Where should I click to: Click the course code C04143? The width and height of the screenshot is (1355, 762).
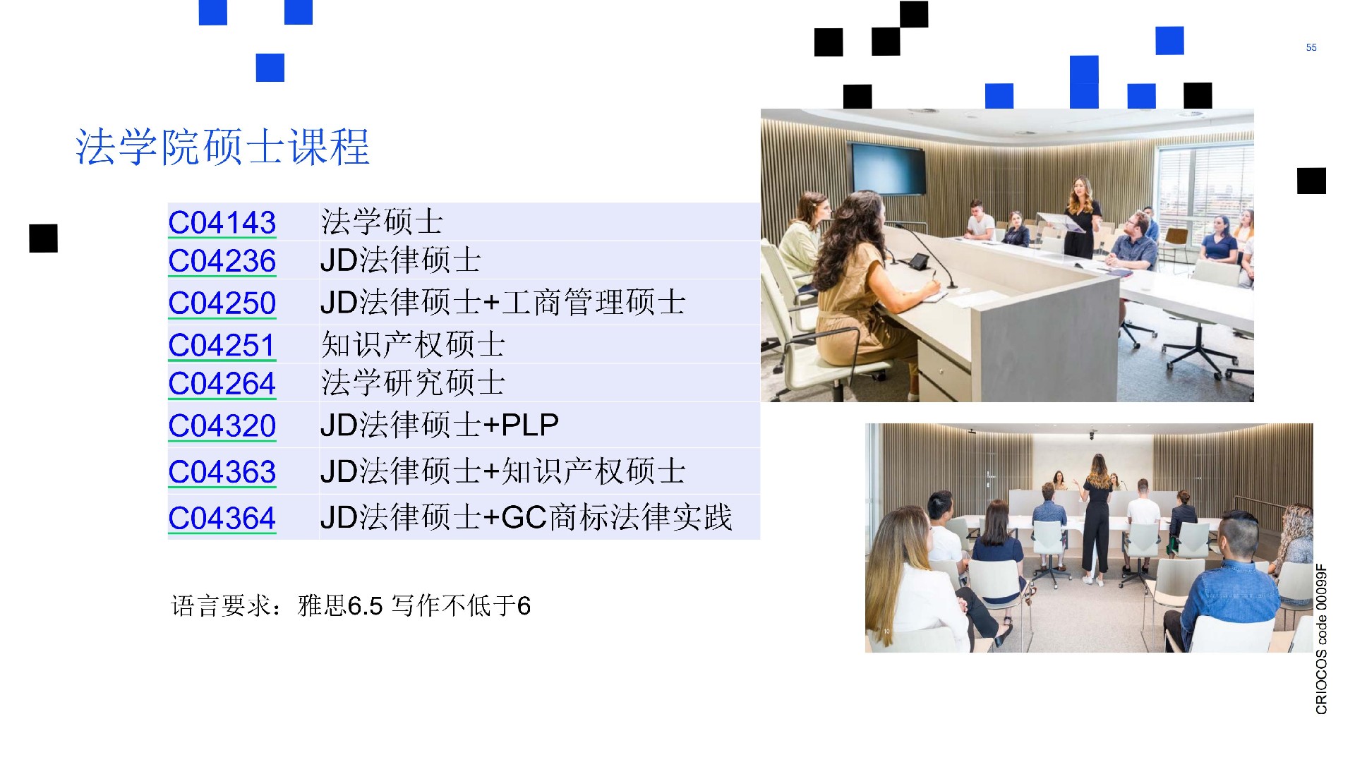click(222, 223)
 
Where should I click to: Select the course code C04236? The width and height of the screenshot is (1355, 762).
click(222, 261)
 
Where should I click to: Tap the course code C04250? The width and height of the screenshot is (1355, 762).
click(222, 303)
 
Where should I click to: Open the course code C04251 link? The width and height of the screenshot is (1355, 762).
click(221, 346)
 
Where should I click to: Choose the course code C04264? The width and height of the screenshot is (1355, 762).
click(222, 384)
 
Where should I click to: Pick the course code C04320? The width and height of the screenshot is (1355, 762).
click(222, 426)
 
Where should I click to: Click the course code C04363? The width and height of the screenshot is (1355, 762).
click(222, 472)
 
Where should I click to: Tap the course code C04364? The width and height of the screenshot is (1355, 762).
click(222, 519)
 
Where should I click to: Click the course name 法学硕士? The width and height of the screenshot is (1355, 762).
click(382, 222)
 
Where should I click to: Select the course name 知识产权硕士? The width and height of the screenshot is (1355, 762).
click(413, 345)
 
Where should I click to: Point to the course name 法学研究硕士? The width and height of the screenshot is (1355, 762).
click(413, 383)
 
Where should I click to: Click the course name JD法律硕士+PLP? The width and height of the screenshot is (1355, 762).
click(440, 425)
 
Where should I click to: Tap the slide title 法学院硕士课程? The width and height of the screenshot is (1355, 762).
click(222, 147)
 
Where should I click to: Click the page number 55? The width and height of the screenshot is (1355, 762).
click(1311, 47)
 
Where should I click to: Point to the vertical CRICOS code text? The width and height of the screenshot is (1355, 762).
click(1321, 639)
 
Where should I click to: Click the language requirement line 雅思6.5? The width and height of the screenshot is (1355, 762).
click(351, 605)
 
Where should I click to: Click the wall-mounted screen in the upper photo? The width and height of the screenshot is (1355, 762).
click(888, 168)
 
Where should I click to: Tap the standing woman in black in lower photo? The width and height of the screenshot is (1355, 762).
click(1096, 519)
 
